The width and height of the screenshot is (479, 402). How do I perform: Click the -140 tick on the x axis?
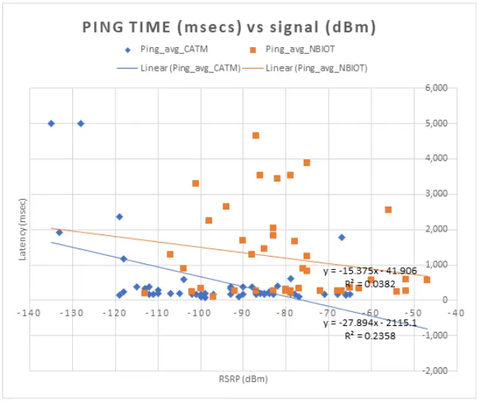[x=29, y=312]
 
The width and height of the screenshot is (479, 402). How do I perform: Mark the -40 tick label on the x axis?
[x=458, y=312]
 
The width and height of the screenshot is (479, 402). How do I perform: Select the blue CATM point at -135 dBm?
[x=51, y=123]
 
